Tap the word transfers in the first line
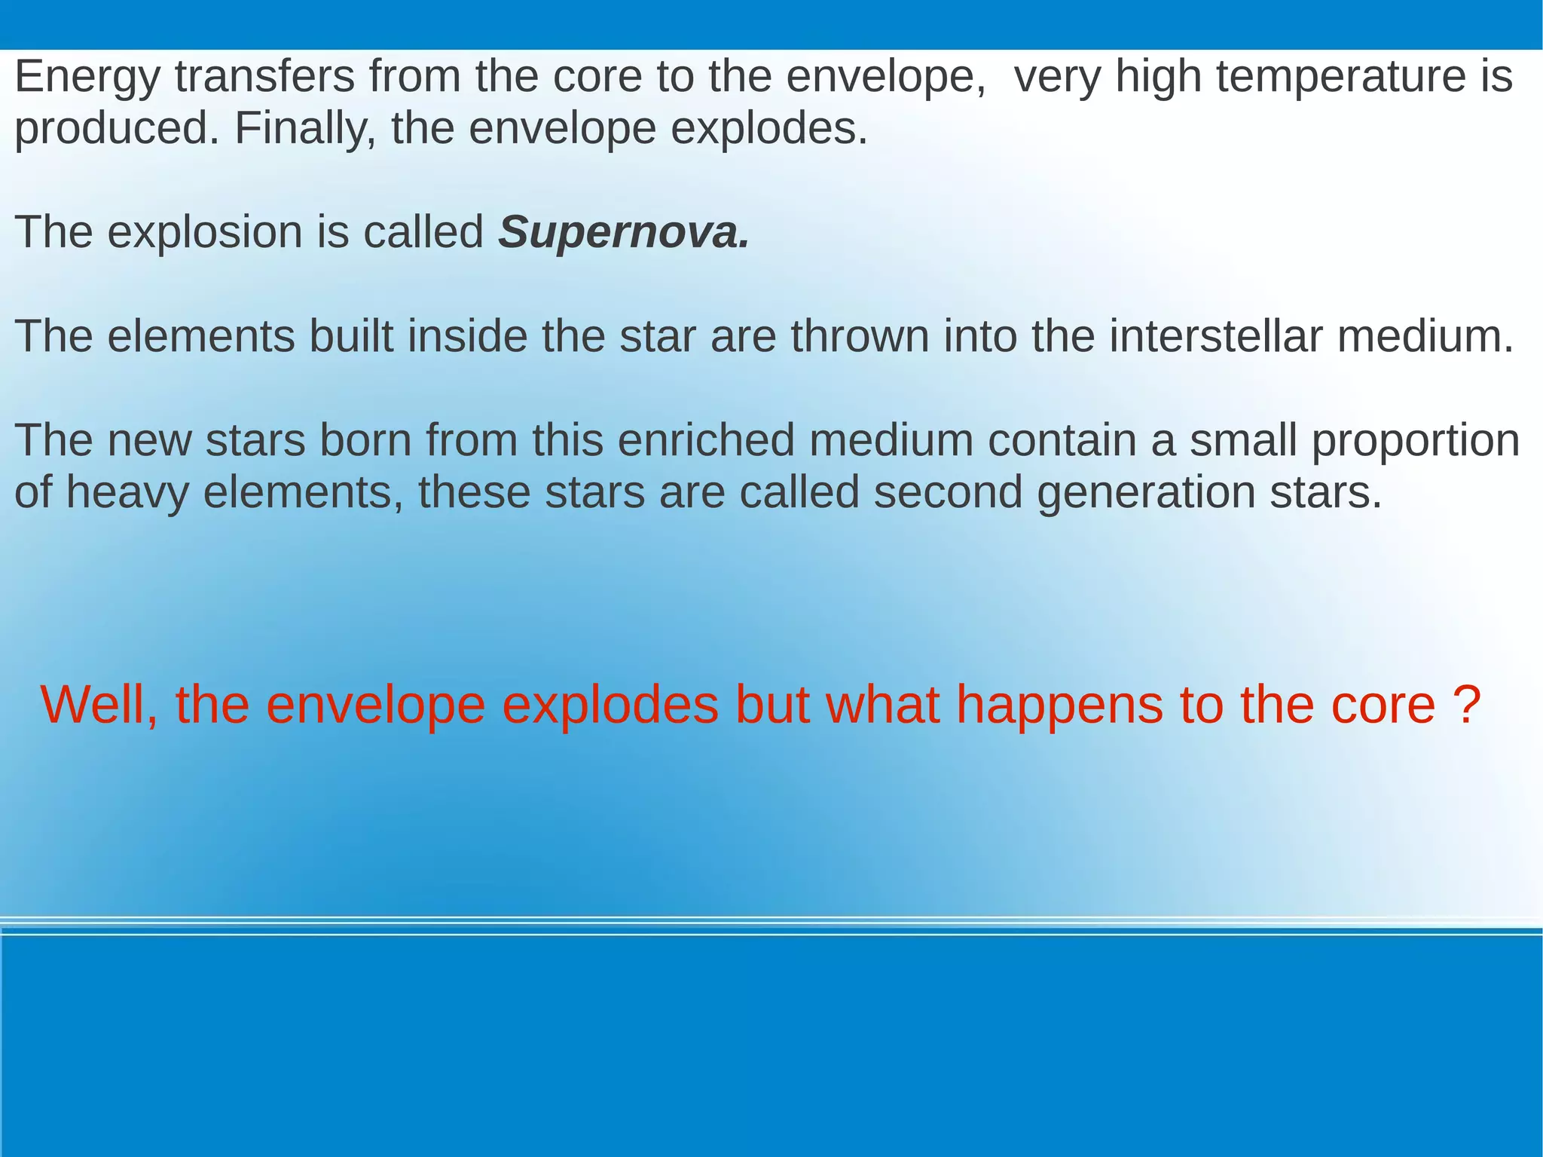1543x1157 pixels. point(264,77)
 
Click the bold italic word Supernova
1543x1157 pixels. point(623,232)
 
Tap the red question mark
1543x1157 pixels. point(1465,705)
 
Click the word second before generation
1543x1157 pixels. point(947,492)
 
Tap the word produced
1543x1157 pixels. point(117,130)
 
